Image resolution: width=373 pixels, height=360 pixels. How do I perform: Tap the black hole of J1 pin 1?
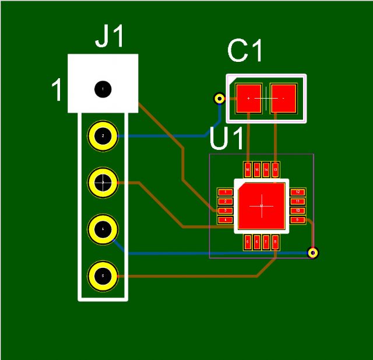tap(103, 89)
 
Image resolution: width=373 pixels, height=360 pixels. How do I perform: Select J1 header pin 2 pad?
tap(103, 136)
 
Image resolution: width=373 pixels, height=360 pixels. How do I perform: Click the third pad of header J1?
tap(103, 183)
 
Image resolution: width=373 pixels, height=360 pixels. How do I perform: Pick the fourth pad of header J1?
tap(103, 229)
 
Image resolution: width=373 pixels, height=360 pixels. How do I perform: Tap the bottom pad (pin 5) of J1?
tap(103, 276)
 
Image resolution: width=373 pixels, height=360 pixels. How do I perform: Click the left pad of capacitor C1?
tap(249, 99)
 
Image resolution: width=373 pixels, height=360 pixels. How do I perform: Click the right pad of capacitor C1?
tap(284, 99)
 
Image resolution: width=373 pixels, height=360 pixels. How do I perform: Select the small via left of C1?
tap(220, 98)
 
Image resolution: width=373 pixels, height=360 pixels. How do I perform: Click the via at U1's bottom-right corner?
tap(313, 253)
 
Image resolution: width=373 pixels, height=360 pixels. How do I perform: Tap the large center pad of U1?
tap(261, 205)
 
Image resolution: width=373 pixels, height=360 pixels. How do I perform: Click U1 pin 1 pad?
tap(225, 192)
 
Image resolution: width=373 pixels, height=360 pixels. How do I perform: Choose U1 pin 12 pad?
tap(297, 192)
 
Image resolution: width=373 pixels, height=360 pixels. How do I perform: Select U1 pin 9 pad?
tap(297, 220)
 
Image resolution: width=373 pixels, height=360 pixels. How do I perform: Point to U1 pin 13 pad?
tap(276, 170)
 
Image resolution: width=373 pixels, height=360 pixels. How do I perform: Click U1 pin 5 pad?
tap(248, 242)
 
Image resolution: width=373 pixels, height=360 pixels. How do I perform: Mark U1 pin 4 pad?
tap(225, 220)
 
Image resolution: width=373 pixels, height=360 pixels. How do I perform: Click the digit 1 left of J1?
tap(57, 91)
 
